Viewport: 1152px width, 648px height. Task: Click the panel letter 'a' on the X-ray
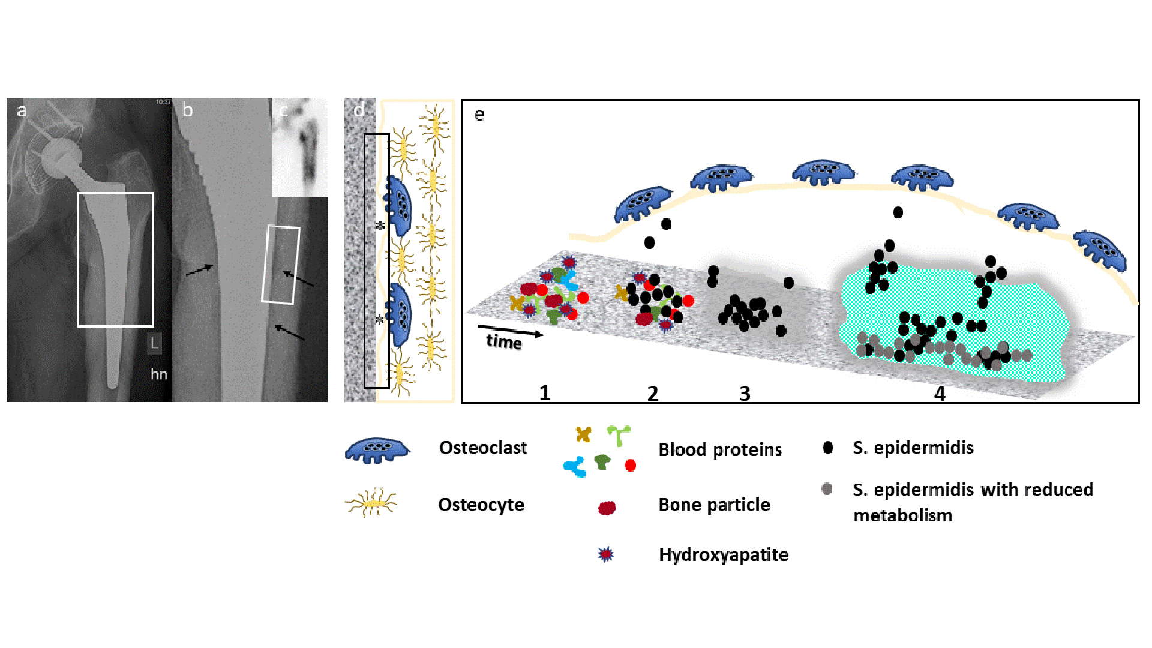pyautogui.click(x=22, y=110)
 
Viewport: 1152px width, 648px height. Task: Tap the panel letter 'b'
pyautogui.click(x=188, y=110)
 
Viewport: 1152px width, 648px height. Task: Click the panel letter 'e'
pyautogui.click(x=479, y=115)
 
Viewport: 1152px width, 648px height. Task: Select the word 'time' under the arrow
pyautogui.click(x=503, y=341)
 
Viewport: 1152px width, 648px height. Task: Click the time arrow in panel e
pyautogui.click(x=510, y=331)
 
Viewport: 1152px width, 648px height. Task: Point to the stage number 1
pyautogui.click(x=545, y=393)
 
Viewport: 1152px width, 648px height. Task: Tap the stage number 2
pyautogui.click(x=653, y=394)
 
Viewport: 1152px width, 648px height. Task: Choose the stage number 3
pyautogui.click(x=745, y=394)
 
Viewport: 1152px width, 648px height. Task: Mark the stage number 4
pyautogui.click(x=940, y=394)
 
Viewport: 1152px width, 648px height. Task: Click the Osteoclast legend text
pyautogui.click(x=483, y=448)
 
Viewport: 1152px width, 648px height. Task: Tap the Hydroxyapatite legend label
pyautogui.click(x=724, y=554)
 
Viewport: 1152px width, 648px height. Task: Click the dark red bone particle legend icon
pyautogui.click(x=607, y=508)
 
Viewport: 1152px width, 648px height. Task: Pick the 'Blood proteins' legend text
pyautogui.click(x=720, y=449)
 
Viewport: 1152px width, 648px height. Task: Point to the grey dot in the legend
pyautogui.click(x=827, y=489)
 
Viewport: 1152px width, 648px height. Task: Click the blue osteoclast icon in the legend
pyautogui.click(x=376, y=451)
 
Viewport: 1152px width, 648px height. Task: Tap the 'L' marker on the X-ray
pyautogui.click(x=154, y=344)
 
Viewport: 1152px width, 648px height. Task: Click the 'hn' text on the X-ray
pyautogui.click(x=158, y=374)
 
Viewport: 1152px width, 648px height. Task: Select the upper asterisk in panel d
pyautogui.click(x=380, y=226)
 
